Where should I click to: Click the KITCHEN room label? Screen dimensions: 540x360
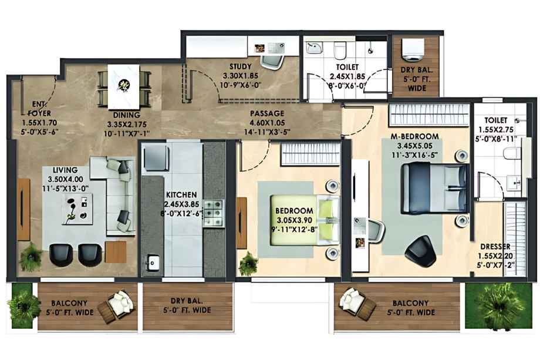181,194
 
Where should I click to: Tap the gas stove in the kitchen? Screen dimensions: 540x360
214,214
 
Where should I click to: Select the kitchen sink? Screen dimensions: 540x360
152,263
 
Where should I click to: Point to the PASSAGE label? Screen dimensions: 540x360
267,113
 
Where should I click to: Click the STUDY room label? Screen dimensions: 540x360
241,66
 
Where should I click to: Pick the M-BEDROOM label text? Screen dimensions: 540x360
414,136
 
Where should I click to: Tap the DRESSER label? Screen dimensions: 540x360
495,247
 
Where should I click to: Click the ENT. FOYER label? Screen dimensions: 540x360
39,109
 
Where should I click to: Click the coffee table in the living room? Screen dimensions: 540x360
77,208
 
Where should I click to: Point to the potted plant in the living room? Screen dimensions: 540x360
31,257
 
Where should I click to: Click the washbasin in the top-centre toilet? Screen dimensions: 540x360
315,48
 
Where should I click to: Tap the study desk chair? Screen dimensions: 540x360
272,61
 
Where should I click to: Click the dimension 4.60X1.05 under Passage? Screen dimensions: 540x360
267,123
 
